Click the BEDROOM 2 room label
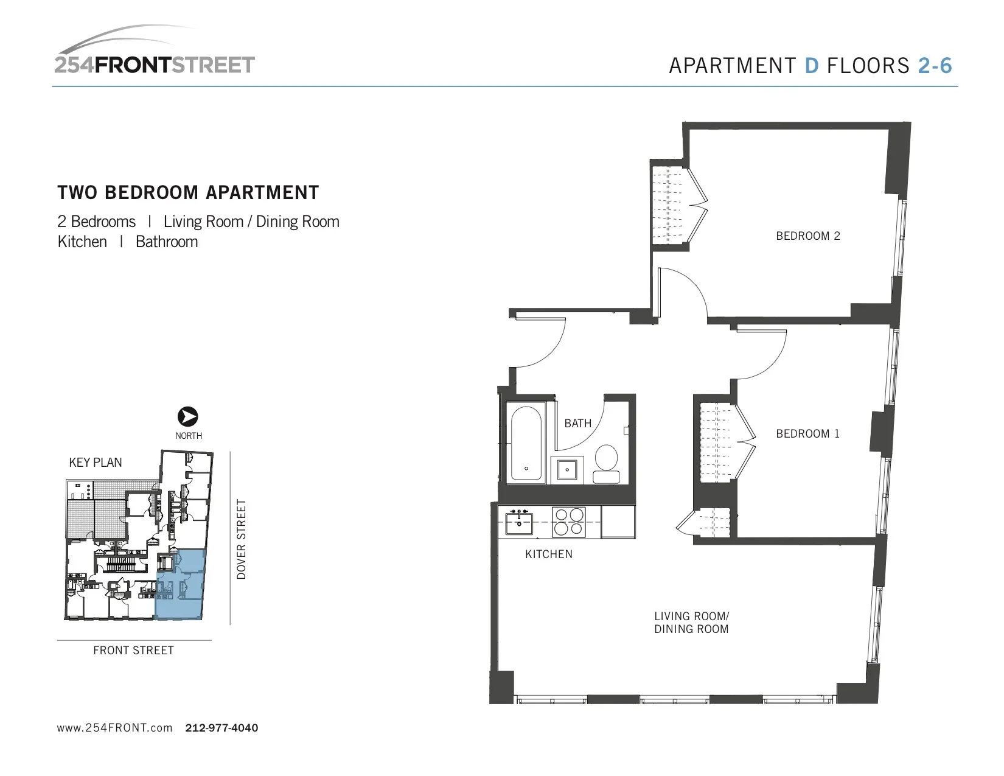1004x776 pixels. point(807,236)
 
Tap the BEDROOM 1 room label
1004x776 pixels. point(807,434)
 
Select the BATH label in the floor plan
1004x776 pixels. point(577,423)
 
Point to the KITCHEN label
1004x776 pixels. point(548,554)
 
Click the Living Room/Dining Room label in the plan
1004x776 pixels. point(691,623)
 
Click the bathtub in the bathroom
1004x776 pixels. point(527,445)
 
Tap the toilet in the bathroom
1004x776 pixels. point(606,465)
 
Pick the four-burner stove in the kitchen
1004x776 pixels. point(568,522)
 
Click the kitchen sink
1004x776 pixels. point(518,522)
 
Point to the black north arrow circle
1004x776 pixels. point(188,417)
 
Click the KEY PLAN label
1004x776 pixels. point(96,463)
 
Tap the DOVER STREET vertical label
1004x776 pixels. point(242,539)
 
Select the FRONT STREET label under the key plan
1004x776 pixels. point(133,651)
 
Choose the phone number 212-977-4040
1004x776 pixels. point(221,728)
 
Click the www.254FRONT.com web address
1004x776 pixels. point(114,728)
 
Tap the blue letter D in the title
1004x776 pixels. point(811,66)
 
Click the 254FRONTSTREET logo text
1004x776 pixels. point(155,65)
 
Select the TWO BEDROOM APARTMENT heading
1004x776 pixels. point(188,193)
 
